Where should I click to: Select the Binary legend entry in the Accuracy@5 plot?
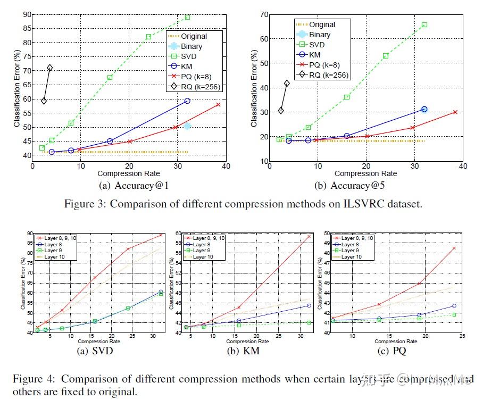pyautogui.click(x=320, y=35)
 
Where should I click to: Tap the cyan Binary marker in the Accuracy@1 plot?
pyautogui.click(x=187, y=126)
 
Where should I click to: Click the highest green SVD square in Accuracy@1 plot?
pyautogui.click(x=187, y=18)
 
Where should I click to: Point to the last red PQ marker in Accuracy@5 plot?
pyautogui.click(x=455, y=112)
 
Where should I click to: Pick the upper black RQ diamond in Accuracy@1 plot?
pyautogui.click(x=50, y=68)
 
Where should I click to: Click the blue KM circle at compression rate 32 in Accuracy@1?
pyautogui.click(x=187, y=101)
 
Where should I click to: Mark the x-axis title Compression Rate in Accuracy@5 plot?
pyautogui.click(x=365, y=173)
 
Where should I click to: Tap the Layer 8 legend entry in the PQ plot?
pyautogui.click(x=353, y=244)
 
